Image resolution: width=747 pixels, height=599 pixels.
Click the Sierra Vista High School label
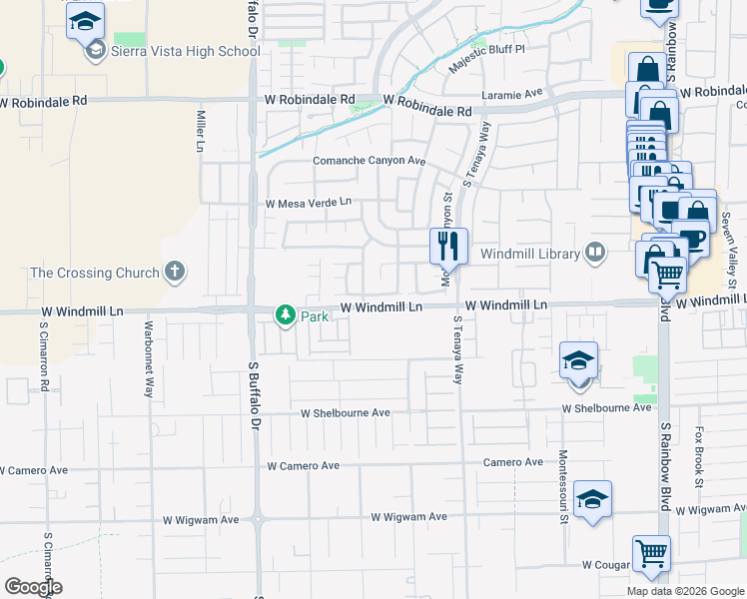pos(187,51)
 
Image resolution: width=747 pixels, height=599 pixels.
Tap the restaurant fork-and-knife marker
pos(448,245)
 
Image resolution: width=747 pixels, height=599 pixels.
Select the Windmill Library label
pos(529,254)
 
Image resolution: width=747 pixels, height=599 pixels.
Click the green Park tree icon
pos(286,315)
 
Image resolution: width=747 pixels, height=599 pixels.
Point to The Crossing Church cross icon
pos(175,271)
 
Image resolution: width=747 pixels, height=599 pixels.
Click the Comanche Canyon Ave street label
pos(370,161)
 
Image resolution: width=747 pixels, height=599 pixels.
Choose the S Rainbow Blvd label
pos(662,459)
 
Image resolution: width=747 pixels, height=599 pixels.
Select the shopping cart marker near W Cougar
pos(651,552)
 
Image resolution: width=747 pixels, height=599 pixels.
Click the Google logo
pos(33,587)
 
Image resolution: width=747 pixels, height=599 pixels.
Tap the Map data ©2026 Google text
pos(685,591)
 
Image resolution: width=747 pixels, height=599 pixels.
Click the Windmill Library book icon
pos(596,252)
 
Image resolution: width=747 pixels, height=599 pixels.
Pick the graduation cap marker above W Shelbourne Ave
pos(578,360)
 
